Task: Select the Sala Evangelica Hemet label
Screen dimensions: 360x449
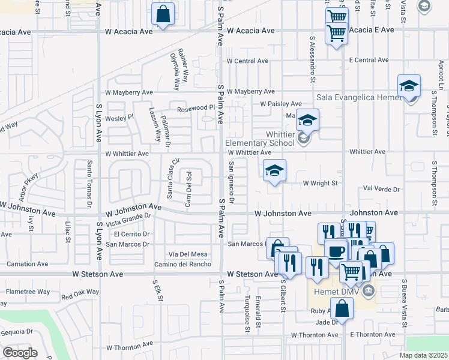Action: [x=359, y=97]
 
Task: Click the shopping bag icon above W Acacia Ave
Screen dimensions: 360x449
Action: [x=163, y=14]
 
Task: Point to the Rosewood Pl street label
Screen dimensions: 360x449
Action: [x=196, y=108]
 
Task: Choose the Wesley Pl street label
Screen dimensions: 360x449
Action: [x=120, y=118]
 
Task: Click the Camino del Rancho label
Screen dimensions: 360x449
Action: [x=182, y=264]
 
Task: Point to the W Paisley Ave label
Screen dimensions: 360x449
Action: [x=280, y=104]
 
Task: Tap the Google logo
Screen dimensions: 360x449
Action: [x=20, y=352]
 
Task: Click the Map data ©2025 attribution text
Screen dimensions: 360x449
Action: [x=423, y=355]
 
